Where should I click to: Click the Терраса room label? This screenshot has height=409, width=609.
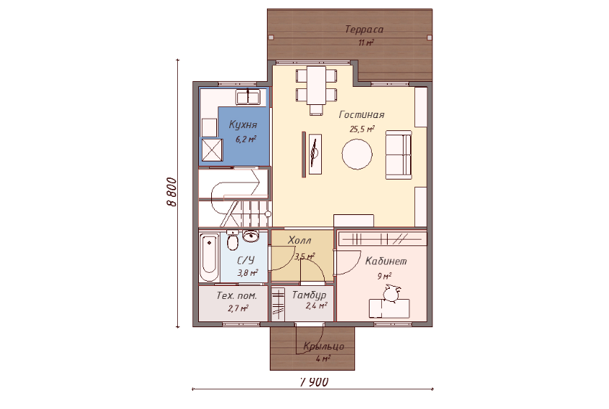(x=364, y=30)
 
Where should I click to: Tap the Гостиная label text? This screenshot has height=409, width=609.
(x=362, y=114)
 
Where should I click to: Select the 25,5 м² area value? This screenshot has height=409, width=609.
(x=362, y=129)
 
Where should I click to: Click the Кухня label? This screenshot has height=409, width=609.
(x=243, y=125)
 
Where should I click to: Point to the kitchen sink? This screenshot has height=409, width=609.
(x=248, y=97)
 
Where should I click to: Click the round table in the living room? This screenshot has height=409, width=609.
(x=357, y=154)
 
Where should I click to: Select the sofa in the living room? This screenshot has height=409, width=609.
(x=399, y=155)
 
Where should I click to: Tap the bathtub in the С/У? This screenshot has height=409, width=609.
(x=209, y=257)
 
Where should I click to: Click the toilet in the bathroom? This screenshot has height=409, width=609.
(x=232, y=240)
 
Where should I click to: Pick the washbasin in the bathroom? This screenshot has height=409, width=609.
(x=251, y=235)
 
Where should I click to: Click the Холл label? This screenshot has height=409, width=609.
(x=299, y=240)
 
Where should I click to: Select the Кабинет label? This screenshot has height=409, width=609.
(x=386, y=261)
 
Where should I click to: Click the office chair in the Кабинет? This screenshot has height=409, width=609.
(x=391, y=293)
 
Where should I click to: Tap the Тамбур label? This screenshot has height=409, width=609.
(x=309, y=295)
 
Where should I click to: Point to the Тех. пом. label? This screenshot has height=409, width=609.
(x=237, y=295)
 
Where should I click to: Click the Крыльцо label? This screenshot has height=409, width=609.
(x=323, y=347)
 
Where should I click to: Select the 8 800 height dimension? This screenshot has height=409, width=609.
(x=171, y=192)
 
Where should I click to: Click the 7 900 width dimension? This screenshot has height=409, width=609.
(x=314, y=382)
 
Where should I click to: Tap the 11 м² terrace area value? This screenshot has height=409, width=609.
(x=366, y=43)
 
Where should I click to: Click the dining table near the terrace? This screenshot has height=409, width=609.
(x=317, y=85)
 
